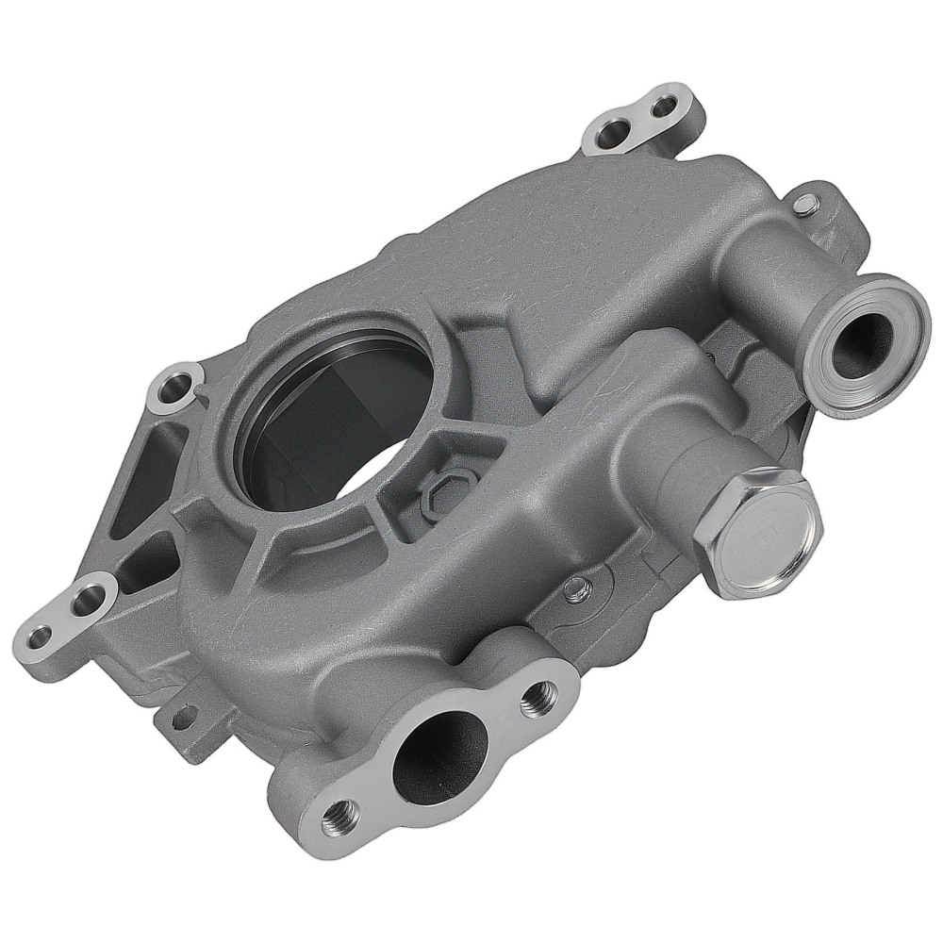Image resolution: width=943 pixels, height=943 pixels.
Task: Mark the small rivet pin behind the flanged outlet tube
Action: [x=802, y=202]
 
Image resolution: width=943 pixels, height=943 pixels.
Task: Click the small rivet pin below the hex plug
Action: [x=578, y=591]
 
